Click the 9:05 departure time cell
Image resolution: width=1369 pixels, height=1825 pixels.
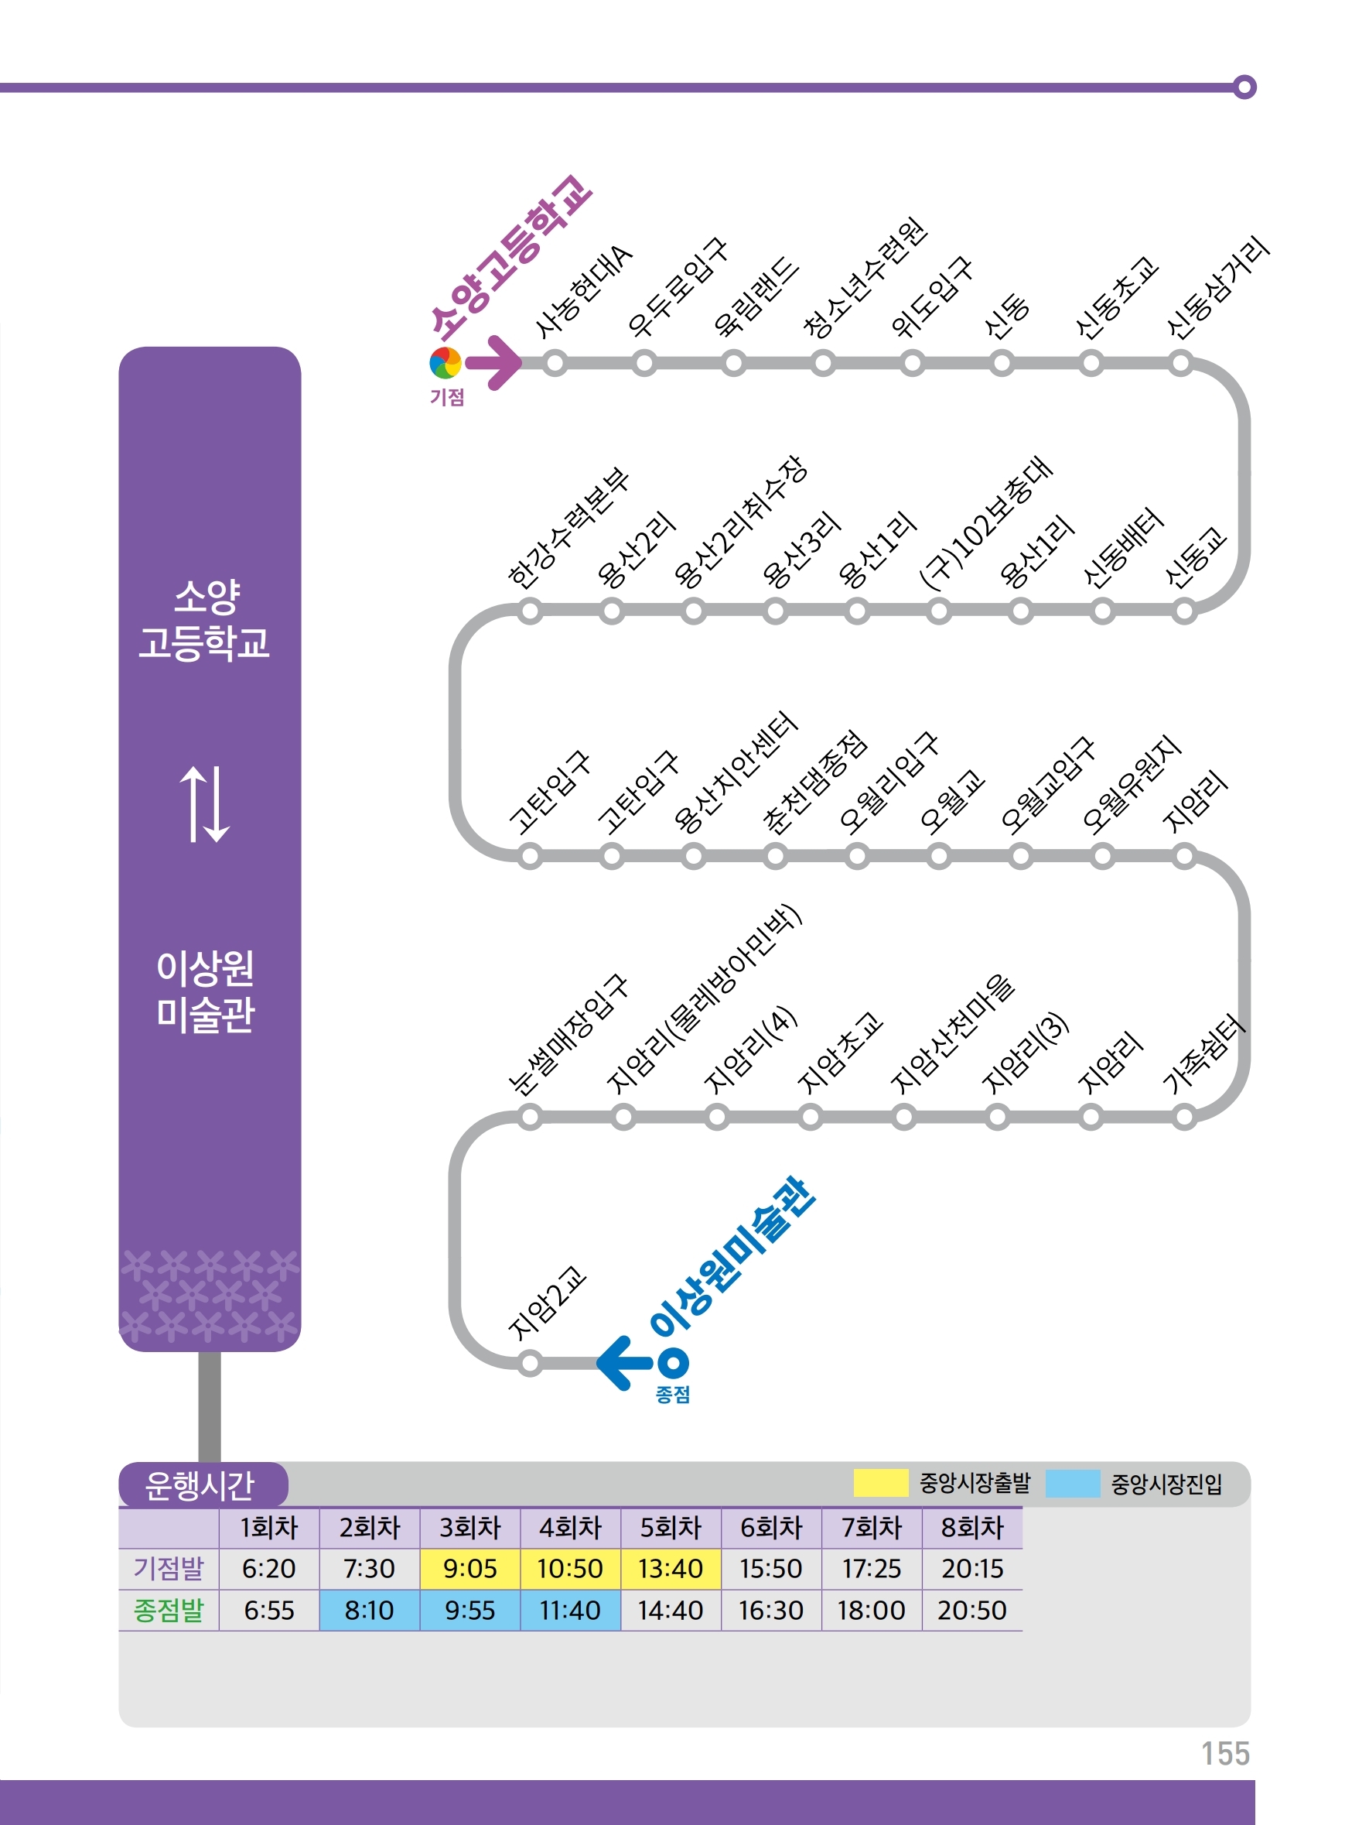[x=469, y=1567]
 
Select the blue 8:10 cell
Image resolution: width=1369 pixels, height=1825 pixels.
[x=369, y=1610]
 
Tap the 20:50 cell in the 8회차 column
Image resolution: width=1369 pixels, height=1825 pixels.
[x=971, y=1610]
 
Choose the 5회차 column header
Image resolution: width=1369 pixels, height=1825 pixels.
[x=671, y=1527]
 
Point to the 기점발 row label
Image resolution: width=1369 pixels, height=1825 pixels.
[x=169, y=1567]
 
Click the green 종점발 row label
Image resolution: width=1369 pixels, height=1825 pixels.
[x=169, y=1610]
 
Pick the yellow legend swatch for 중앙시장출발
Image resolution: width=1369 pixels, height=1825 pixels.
[x=880, y=1483]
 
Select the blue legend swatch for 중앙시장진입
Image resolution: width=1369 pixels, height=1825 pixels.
[x=1072, y=1483]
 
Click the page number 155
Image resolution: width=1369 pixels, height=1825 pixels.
[x=1224, y=1753]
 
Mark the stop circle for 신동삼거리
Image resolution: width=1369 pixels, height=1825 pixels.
[x=1180, y=363]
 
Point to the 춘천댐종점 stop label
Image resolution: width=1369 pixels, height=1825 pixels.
[x=814, y=782]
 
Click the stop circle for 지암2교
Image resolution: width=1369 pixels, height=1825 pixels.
[x=531, y=1363]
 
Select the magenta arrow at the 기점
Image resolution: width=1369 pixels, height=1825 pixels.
[x=494, y=362]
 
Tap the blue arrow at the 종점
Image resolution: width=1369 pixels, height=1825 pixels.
[x=624, y=1363]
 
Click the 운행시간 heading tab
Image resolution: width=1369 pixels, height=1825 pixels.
[x=200, y=1485]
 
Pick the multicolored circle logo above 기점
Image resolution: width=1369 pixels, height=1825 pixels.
[x=446, y=363]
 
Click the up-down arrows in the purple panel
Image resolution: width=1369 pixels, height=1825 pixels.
[x=204, y=804]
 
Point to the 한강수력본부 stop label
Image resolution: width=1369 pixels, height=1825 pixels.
[x=568, y=528]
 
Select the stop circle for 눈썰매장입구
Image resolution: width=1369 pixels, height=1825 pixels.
[x=531, y=1118]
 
